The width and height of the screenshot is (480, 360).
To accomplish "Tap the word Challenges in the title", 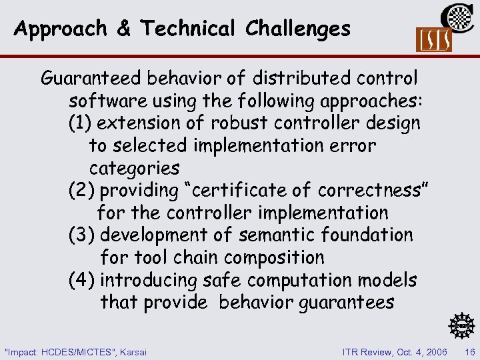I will coord(297,28).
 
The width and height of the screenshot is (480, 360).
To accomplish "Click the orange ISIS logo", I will coord(433,39).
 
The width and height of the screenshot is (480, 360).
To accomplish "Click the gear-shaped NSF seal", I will coord(461,325).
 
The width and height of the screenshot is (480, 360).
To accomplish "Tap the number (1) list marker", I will coord(82,123).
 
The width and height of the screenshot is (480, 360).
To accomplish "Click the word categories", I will coord(134,167).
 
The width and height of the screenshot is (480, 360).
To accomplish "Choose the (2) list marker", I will coord(82,190).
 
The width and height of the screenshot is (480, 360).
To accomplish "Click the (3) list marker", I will coord(82,235).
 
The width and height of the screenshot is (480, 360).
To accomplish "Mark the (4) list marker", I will coord(82,280).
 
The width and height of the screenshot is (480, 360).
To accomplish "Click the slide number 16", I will coord(469,351).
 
